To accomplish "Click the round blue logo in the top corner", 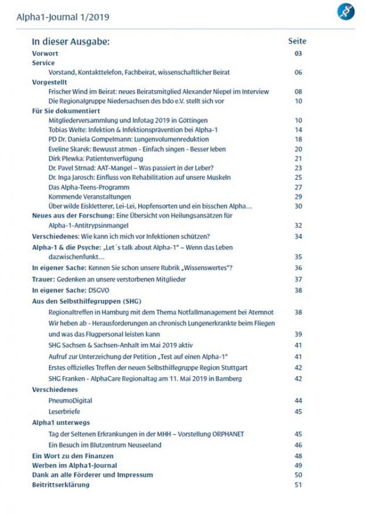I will pyautogui.click(x=345, y=11).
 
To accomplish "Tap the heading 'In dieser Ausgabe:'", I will pyautogui.click(x=71, y=42).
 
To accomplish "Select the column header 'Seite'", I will pyautogui.click(x=297, y=41).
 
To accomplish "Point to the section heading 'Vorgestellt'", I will pyautogui.click(x=50, y=82).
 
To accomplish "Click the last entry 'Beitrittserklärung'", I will pyautogui.click(x=61, y=485).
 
